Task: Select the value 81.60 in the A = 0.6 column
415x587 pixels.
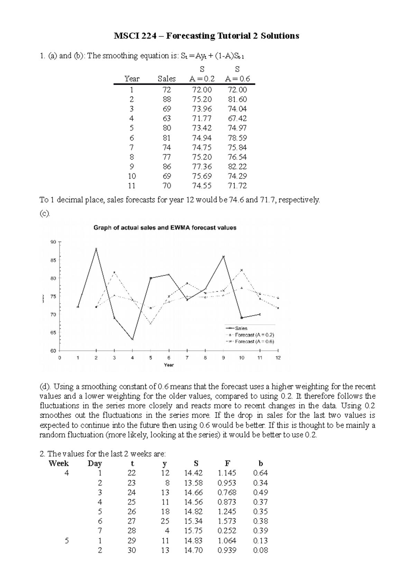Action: [x=237, y=99]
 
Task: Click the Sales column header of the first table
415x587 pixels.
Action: [x=166, y=79]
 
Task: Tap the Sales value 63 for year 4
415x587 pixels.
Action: [x=166, y=119]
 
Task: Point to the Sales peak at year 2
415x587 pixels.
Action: [x=96, y=249]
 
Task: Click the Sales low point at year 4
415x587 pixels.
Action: [x=132, y=339]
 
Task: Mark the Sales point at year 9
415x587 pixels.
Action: [x=223, y=257]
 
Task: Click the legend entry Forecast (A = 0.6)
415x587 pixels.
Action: [x=254, y=342]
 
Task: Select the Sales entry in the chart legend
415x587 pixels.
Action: [x=241, y=328]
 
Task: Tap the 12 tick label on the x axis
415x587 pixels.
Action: [x=278, y=358]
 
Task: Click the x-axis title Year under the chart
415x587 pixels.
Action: [x=169, y=365]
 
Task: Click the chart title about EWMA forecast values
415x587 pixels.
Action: [x=165, y=228]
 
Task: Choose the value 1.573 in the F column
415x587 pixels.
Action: [x=227, y=521]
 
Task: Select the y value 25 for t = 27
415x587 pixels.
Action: [x=165, y=521]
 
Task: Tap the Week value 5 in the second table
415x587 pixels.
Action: [x=67, y=541]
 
